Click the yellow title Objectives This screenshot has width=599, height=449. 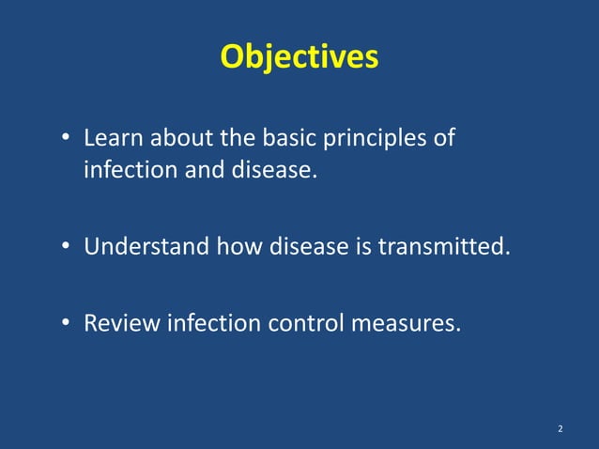[x=299, y=57]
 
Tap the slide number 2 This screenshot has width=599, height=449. [x=561, y=429]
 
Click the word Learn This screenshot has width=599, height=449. [x=111, y=138]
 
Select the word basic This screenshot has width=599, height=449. [x=286, y=138]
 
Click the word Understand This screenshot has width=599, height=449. [x=147, y=248]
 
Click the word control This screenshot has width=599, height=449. [x=304, y=324]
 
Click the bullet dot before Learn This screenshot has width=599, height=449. [x=67, y=140]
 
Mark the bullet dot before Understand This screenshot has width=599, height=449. [x=67, y=249]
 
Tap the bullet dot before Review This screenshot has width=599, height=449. [x=67, y=325]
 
